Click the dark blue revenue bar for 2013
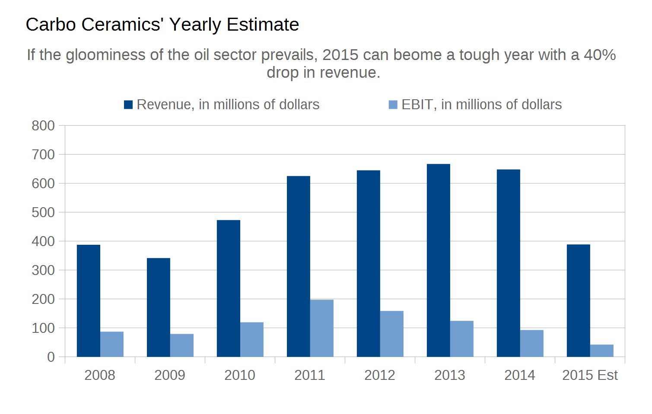pyautogui.click(x=438, y=260)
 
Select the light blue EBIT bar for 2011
pyautogui.click(x=321, y=328)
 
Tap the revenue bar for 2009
pyautogui.click(x=158, y=307)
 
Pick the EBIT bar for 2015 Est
pyautogui.click(x=601, y=351)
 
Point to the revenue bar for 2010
pyautogui.click(x=228, y=288)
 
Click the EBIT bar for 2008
pyautogui.click(x=111, y=344)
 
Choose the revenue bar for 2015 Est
pyautogui.click(x=578, y=300)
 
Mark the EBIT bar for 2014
pyautogui.click(x=531, y=343)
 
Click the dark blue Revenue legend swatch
pyautogui.click(x=128, y=105)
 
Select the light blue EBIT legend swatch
pyautogui.click(x=393, y=105)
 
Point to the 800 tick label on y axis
pyautogui.click(x=43, y=126)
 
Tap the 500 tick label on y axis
pyautogui.click(x=43, y=212)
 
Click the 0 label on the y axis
pyautogui.click(x=51, y=357)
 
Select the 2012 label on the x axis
pyautogui.click(x=379, y=375)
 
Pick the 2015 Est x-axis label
pyautogui.click(x=590, y=375)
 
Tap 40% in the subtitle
pyautogui.click(x=600, y=55)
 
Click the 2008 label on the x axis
pyautogui.click(x=99, y=375)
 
